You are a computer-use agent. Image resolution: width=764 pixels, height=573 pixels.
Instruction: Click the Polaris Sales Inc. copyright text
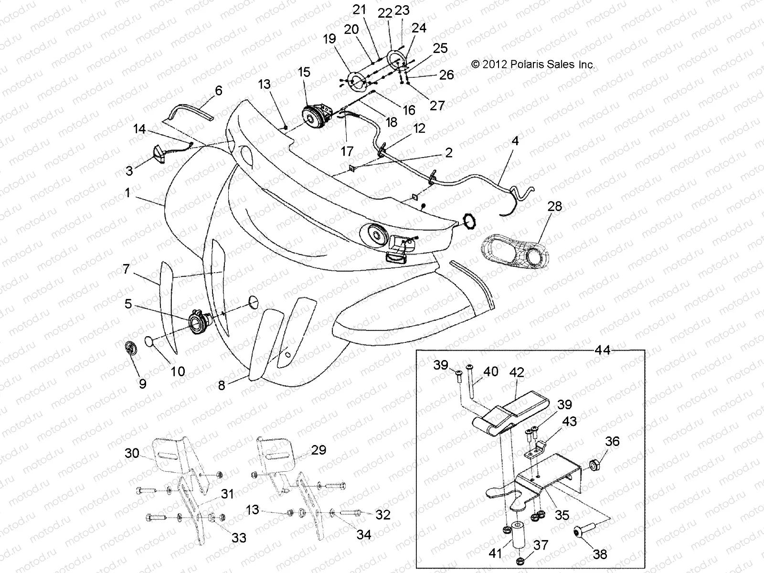(x=532, y=64)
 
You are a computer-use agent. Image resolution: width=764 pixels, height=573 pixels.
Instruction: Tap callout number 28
(x=555, y=207)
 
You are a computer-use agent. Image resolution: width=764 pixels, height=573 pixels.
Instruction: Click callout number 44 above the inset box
(x=603, y=350)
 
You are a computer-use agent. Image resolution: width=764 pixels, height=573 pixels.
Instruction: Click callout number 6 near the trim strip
(x=219, y=91)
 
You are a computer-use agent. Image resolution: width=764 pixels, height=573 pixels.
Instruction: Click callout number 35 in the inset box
(x=562, y=515)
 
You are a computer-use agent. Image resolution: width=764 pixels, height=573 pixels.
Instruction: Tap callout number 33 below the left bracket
(x=239, y=538)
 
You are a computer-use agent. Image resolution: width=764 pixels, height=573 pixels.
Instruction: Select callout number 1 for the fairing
(x=127, y=193)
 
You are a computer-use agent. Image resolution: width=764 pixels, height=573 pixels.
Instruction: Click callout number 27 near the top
(x=437, y=105)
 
